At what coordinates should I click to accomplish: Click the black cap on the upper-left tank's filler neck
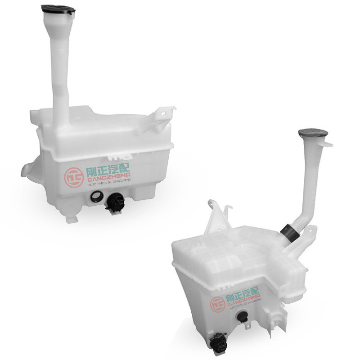pyautogui.click(x=58, y=9)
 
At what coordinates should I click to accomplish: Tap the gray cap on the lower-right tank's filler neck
pyautogui.click(x=313, y=133)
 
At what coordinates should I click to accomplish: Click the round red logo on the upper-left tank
pyautogui.click(x=72, y=177)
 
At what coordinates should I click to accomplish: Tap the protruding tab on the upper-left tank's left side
pyautogui.click(x=27, y=170)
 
